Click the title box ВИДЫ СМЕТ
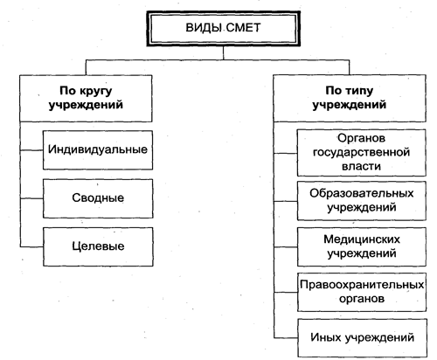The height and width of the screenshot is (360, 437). click(224, 28)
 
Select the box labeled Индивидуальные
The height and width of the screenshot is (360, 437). click(98, 150)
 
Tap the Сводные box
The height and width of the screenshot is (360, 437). click(98, 198)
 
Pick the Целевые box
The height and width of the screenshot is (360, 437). click(98, 246)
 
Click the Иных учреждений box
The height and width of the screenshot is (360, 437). click(362, 338)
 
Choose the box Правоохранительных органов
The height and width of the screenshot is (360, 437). click(362, 292)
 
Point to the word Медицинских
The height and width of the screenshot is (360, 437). click(362, 239)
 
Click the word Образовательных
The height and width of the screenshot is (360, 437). click(362, 193)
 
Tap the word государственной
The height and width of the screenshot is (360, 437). click(361, 153)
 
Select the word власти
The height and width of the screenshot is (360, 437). click(361, 166)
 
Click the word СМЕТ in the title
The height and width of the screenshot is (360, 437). click(243, 28)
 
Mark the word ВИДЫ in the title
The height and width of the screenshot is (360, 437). click(205, 28)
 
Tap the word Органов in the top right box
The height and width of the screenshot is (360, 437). click(361, 138)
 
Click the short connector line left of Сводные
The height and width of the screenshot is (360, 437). click(31, 198)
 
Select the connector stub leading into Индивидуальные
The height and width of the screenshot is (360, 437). click(31, 150)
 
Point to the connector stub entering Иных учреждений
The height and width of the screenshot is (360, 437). click(286, 338)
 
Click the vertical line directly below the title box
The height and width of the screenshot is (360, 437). click(224, 53)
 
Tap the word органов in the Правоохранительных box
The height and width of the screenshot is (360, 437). click(362, 299)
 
